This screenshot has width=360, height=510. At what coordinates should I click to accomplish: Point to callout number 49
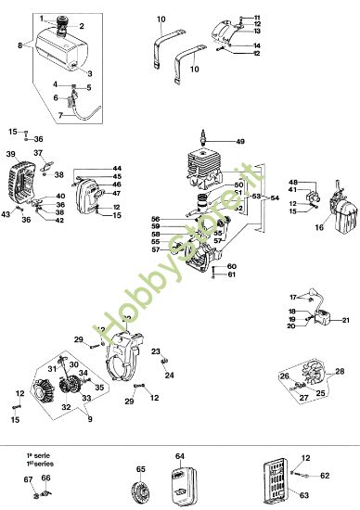[x=240, y=141]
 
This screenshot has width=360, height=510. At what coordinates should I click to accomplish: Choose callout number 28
[x=340, y=371]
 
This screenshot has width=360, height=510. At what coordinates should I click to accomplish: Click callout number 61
[x=232, y=274]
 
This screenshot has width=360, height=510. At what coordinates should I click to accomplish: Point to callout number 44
[x=117, y=168]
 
